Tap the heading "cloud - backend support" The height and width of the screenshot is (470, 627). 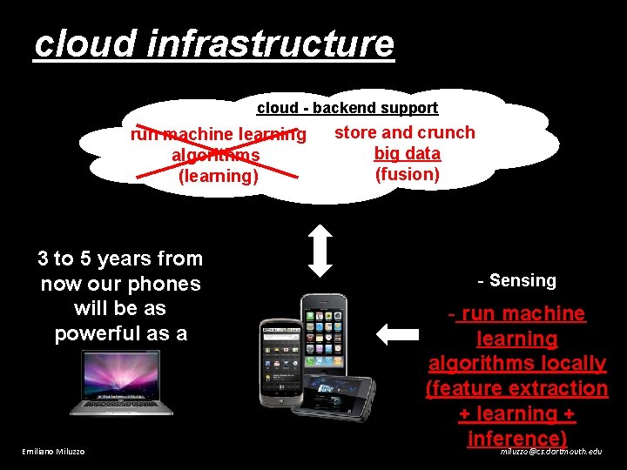pos(347,108)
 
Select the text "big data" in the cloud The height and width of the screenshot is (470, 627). pos(407,154)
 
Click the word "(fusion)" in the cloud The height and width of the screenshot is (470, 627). pos(407,174)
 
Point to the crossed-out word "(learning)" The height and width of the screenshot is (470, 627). pos(218,176)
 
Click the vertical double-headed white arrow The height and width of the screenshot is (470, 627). pos(321,251)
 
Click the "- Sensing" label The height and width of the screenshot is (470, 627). pos(516,280)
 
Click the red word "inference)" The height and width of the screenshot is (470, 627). pos(517,438)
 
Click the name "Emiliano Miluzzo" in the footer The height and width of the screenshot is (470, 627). pos(53,452)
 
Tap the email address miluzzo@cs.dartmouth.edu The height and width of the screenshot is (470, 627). pos(550,452)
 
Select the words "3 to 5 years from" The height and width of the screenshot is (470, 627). pos(120,258)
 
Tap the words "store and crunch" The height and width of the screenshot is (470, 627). pos(405,132)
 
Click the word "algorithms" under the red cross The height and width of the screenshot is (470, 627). pos(215,156)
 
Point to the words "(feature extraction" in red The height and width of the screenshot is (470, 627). pos(516,388)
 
